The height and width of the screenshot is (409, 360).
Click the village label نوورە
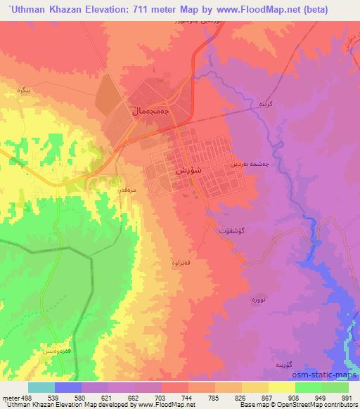click(x=258, y=299)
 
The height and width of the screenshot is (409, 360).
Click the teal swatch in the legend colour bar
click(x=41, y=387)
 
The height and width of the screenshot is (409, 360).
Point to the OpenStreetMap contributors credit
click(x=321, y=404)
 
